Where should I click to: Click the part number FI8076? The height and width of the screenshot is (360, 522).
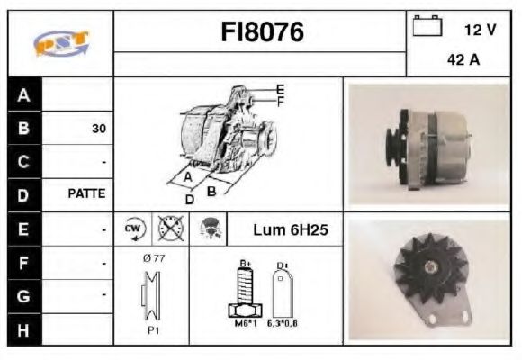(263, 33)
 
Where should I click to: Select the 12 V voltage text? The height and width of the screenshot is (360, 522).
(480, 30)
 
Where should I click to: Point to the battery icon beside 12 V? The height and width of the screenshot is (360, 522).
(427, 28)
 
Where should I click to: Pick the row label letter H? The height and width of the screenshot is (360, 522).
(23, 329)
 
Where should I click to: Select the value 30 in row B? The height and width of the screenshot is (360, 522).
(98, 129)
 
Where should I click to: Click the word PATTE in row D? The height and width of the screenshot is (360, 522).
(87, 193)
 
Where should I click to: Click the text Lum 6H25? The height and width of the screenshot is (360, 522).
(290, 230)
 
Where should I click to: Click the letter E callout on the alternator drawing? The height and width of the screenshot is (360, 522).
(281, 89)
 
